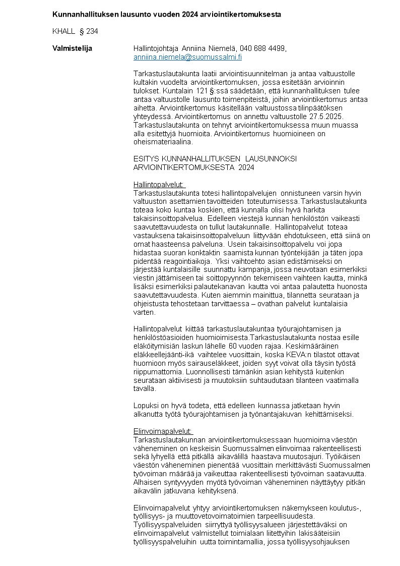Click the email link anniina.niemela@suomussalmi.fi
(187, 57)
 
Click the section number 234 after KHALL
(92, 31)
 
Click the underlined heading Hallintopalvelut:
(159, 184)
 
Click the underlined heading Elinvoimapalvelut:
(163, 431)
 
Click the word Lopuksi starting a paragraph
(145, 405)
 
